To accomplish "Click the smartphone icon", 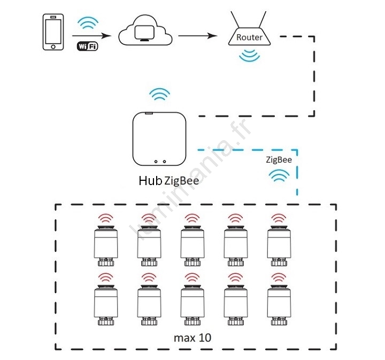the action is [x=53, y=32].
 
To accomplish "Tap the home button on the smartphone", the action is [x=53, y=47].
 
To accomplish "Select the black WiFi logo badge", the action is [x=87, y=46].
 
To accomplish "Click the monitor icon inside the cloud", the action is [x=144, y=33].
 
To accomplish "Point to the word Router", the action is [x=249, y=37].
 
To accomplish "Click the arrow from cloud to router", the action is [x=198, y=36].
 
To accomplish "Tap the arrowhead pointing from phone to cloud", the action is [x=106, y=36].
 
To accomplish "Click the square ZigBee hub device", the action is [x=159, y=139].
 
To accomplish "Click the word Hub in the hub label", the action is [x=150, y=181].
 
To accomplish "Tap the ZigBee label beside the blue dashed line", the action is [x=279, y=160].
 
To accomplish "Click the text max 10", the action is [x=192, y=338].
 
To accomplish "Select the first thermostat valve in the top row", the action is [x=106, y=246].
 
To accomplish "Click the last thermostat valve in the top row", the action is [x=279, y=246].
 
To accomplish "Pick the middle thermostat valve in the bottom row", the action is [x=192, y=305].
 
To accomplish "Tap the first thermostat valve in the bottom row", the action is [x=106, y=305].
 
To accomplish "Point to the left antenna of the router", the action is [x=235, y=19].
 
